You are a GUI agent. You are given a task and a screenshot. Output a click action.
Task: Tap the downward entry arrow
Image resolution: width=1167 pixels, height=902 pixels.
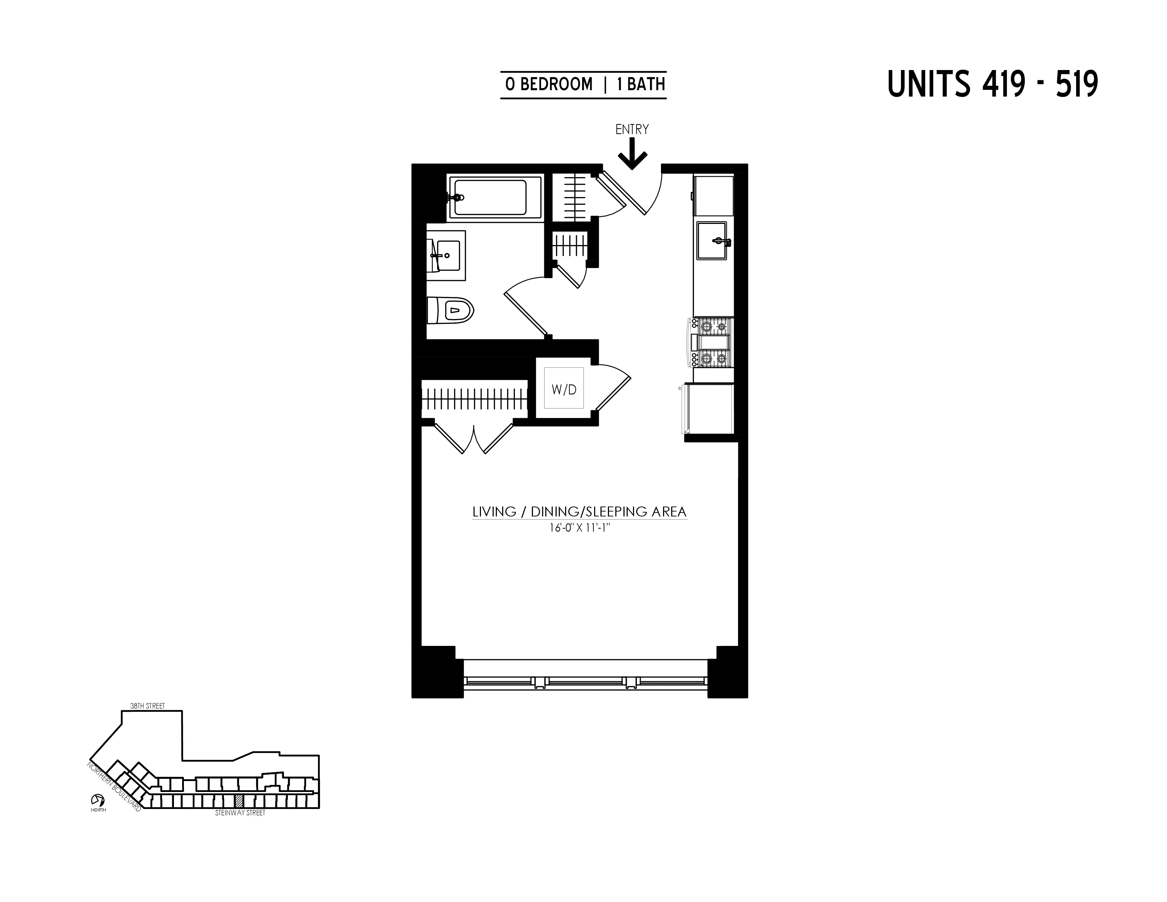[632, 155]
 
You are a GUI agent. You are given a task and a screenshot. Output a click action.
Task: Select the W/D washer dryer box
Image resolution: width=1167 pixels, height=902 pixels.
[564, 389]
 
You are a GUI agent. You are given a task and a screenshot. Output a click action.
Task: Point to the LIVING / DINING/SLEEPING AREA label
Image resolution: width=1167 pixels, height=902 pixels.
[579, 511]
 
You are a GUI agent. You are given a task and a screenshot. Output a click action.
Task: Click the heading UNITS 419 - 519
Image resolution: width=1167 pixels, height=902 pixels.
[992, 85]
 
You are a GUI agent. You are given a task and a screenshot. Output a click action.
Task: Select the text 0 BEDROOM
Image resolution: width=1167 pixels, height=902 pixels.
[549, 85]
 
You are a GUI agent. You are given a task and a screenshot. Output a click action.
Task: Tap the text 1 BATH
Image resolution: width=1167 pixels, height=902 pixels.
[641, 85]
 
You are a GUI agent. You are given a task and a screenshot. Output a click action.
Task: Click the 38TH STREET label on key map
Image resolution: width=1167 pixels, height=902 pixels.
[147, 706]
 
